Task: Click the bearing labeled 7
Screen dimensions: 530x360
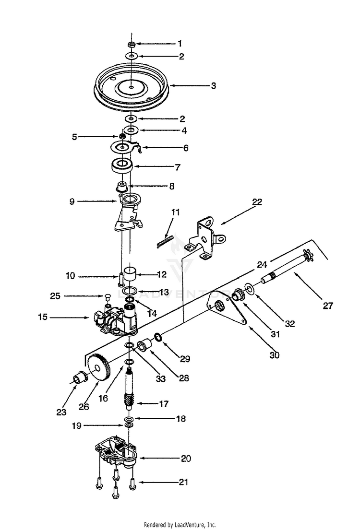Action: point(122,166)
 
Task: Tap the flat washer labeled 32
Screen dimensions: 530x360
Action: point(250,288)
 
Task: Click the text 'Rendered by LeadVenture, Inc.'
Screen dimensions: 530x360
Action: point(180,525)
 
